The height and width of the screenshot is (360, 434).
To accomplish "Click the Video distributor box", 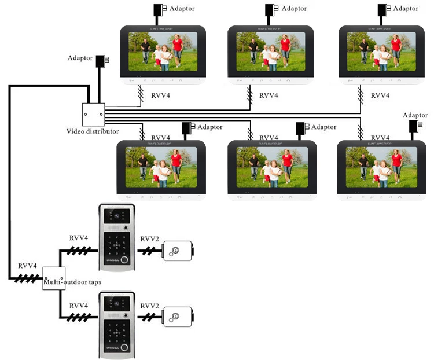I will click(93, 115).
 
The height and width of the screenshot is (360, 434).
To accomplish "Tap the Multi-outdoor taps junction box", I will click(54, 278).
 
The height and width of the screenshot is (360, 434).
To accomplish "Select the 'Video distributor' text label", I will click(93, 132).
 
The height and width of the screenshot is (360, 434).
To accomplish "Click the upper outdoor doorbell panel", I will click(116, 237).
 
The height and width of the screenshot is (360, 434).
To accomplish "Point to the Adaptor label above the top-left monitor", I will click(179, 9).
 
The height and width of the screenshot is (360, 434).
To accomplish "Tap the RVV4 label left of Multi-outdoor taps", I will click(27, 266).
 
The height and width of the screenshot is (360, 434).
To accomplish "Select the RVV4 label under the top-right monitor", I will click(380, 95).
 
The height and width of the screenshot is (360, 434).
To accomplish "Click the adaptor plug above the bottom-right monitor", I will click(414, 127).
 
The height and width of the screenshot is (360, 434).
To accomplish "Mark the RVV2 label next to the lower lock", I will click(149, 306).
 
